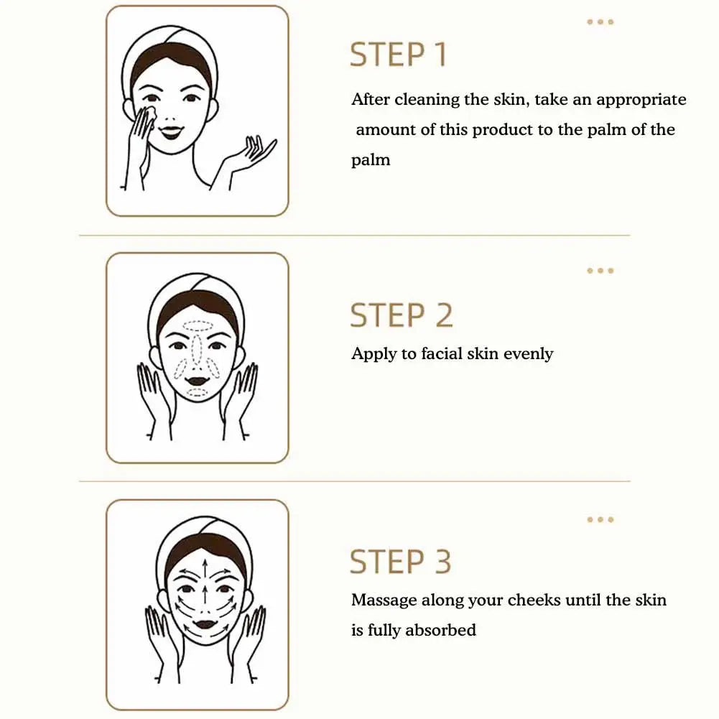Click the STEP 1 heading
(x=398, y=55)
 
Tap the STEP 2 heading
(x=402, y=315)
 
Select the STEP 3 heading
(x=400, y=562)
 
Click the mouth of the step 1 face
(x=170, y=131)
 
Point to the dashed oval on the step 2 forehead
(x=198, y=326)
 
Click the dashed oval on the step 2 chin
(x=198, y=392)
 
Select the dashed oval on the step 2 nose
(x=198, y=349)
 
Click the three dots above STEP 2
(x=600, y=271)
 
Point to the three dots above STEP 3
(x=600, y=519)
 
